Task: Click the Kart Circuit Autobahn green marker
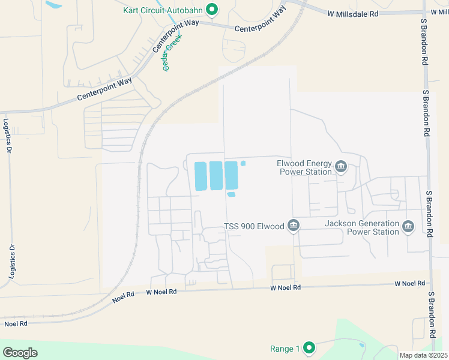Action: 211,9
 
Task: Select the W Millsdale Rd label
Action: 353,13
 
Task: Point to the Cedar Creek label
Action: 173,52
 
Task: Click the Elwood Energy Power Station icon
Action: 341,166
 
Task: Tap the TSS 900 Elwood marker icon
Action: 294,226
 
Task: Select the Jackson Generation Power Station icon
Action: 408,226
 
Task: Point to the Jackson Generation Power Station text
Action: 361,227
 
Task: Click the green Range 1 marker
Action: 309,347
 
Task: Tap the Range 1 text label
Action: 285,349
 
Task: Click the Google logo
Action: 20,353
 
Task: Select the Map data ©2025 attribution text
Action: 423,355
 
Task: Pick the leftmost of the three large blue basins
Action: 200,176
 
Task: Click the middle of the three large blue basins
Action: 215,176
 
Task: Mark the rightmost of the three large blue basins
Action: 231,175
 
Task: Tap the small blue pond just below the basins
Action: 232,194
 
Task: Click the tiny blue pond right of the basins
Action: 243,163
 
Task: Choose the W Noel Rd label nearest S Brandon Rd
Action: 409,283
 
